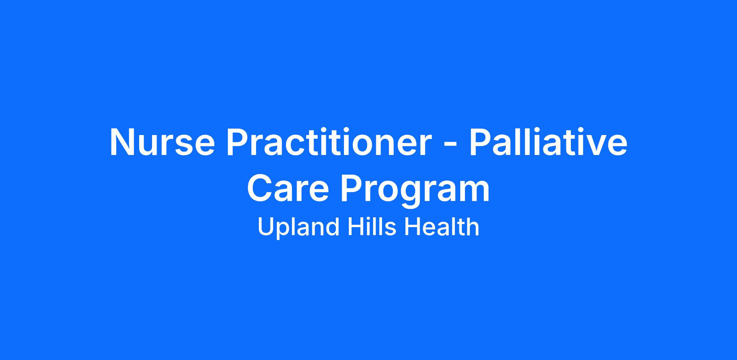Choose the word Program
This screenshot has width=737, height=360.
[415, 191]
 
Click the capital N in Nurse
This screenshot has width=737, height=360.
[123, 142]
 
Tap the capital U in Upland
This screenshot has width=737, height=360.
[266, 227]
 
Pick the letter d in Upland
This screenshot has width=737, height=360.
[332, 227]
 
